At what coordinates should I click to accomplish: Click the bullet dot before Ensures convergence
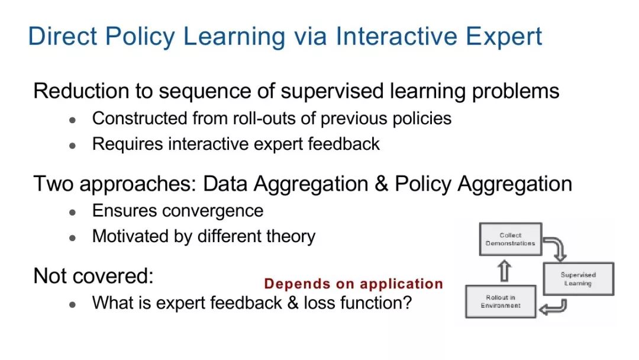tap(73, 213)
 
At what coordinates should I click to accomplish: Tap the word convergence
tap(213, 211)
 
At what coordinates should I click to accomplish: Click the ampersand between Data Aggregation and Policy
tap(381, 184)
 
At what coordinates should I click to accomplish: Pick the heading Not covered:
tap(93, 276)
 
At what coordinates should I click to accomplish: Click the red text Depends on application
tap(353, 284)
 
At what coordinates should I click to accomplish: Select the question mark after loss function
tap(407, 303)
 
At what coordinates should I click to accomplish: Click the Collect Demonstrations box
tap(510, 239)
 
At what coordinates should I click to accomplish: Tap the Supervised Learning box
tap(578, 279)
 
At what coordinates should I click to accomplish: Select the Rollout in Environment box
tap(501, 302)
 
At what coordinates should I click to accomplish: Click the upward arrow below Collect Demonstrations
tap(505, 271)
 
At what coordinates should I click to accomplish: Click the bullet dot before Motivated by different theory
tap(73, 238)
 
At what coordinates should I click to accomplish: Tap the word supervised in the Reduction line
tap(332, 91)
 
